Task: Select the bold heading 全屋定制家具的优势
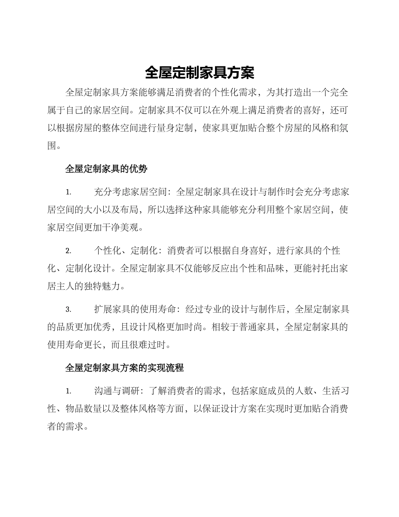point(106,169)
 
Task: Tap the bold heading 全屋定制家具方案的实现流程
point(125,368)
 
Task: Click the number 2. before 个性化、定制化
point(68,251)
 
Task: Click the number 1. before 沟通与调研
point(68,391)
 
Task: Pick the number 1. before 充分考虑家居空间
point(68,193)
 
